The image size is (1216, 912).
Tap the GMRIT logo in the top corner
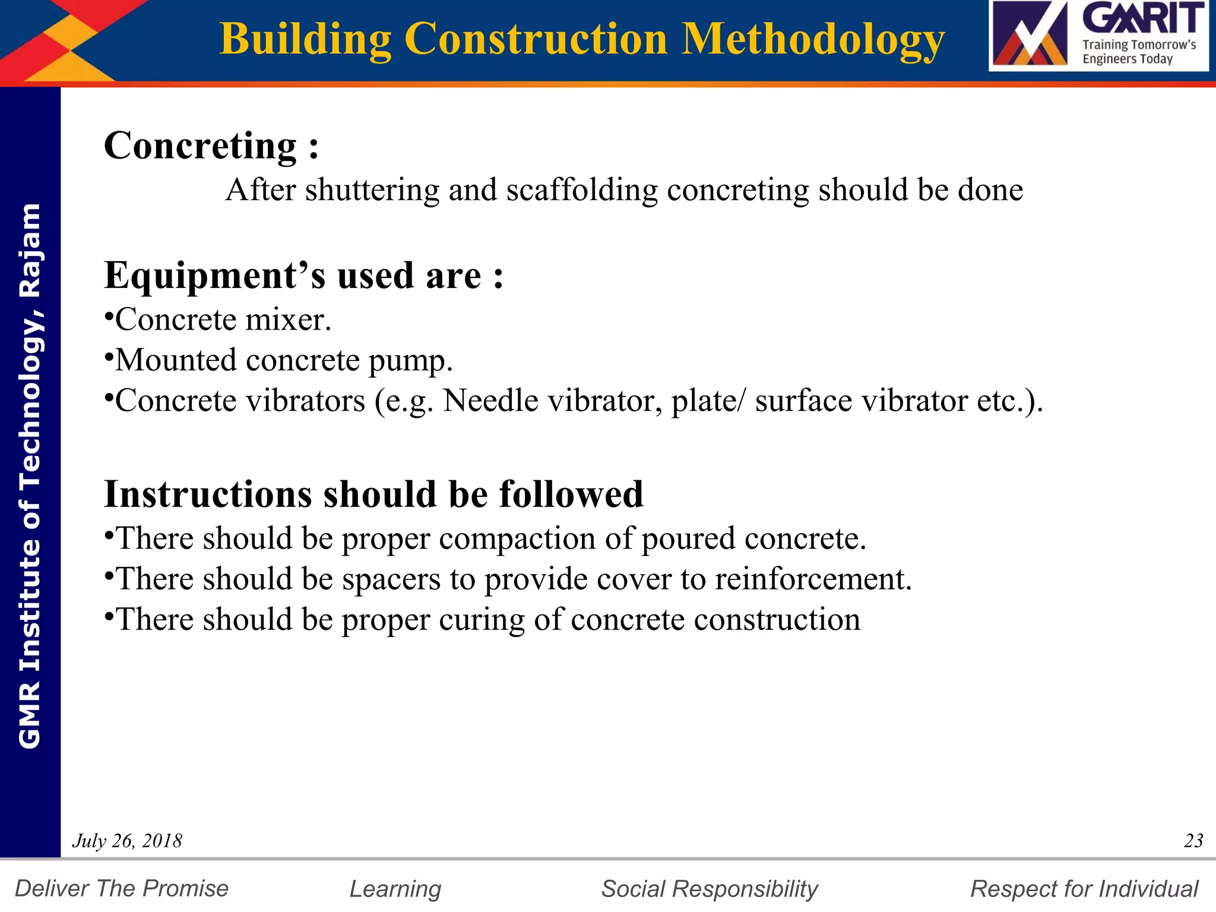[x=1098, y=36]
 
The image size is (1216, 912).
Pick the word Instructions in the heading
[x=208, y=494]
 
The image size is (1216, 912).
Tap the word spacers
[x=391, y=579]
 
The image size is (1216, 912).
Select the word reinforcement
[x=813, y=579]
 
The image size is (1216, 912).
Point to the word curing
[x=482, y=620]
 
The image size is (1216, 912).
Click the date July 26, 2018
[x=127, y=841]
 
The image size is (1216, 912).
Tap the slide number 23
[x=1193, y=841]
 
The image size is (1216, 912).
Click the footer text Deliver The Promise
[x=122, y=889]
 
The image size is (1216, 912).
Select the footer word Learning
[x=395, y=889]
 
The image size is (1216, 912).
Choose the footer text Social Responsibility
[x=710, y=889]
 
